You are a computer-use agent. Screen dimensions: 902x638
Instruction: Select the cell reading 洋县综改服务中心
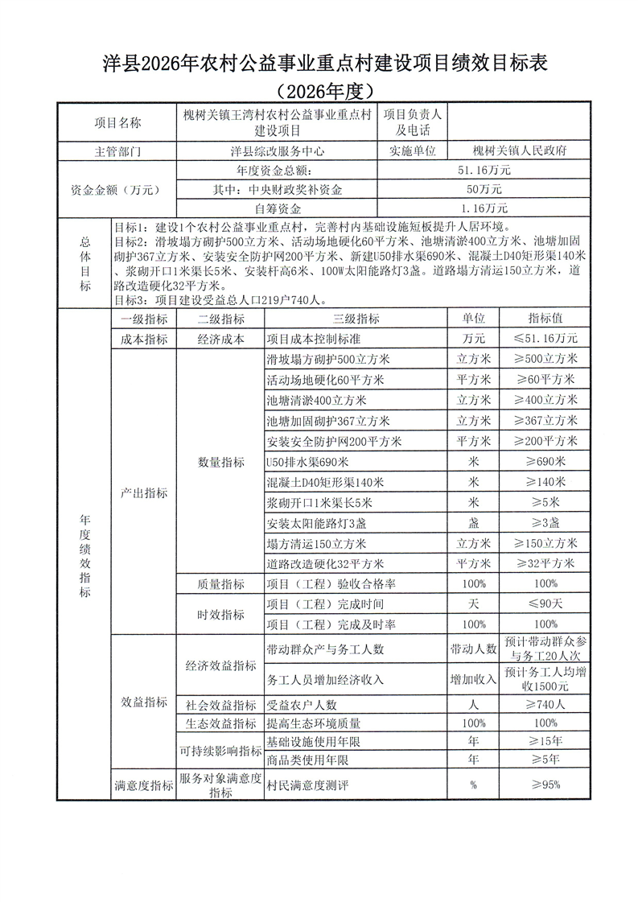tap(277, 150)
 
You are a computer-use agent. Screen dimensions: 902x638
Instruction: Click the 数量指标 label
tap(220, 462)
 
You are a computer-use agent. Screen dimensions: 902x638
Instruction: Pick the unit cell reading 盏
tap(474, 523)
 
